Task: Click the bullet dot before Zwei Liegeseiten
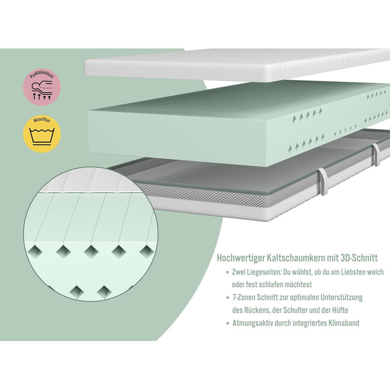pyautogui.click(x=227, y=273)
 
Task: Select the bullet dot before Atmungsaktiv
pyautogui.click(x=227, y=323)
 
